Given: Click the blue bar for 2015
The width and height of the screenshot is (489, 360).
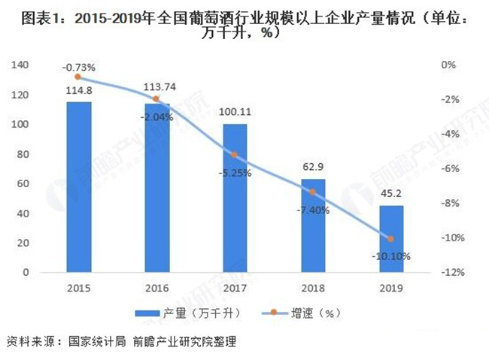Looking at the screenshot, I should (78, 187).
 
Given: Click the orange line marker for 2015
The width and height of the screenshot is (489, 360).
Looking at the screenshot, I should (78, 77).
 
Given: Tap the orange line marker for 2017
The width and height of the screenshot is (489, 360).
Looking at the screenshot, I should (235, 155).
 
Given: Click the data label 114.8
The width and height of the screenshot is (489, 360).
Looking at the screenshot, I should (78, 92).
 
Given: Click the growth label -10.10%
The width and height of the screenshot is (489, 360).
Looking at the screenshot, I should (390, 256).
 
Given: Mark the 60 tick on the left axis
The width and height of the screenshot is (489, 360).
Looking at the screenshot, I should (25, 183).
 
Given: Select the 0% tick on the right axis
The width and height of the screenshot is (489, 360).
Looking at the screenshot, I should (449, 65).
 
